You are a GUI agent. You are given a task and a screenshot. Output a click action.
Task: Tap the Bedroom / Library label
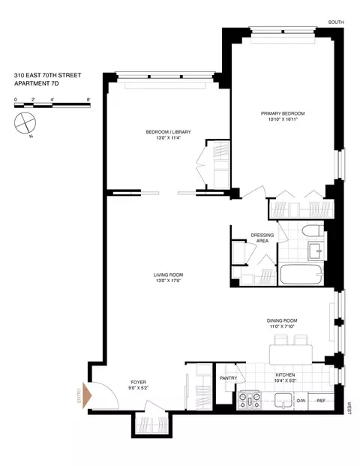coord(168,132)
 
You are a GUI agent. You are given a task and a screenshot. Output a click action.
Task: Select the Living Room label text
coord(168,275)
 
